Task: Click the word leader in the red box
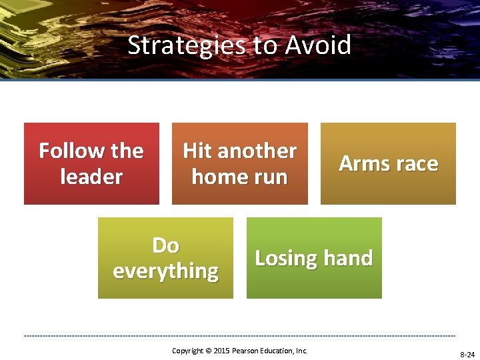(91, 177)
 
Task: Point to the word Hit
(197, 151)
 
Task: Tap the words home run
(239, 177)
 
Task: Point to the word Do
(165, 245)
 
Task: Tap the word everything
(165, 271)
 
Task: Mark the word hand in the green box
(349, 258)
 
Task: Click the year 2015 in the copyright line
(221, 351)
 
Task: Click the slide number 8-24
(466, 355)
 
